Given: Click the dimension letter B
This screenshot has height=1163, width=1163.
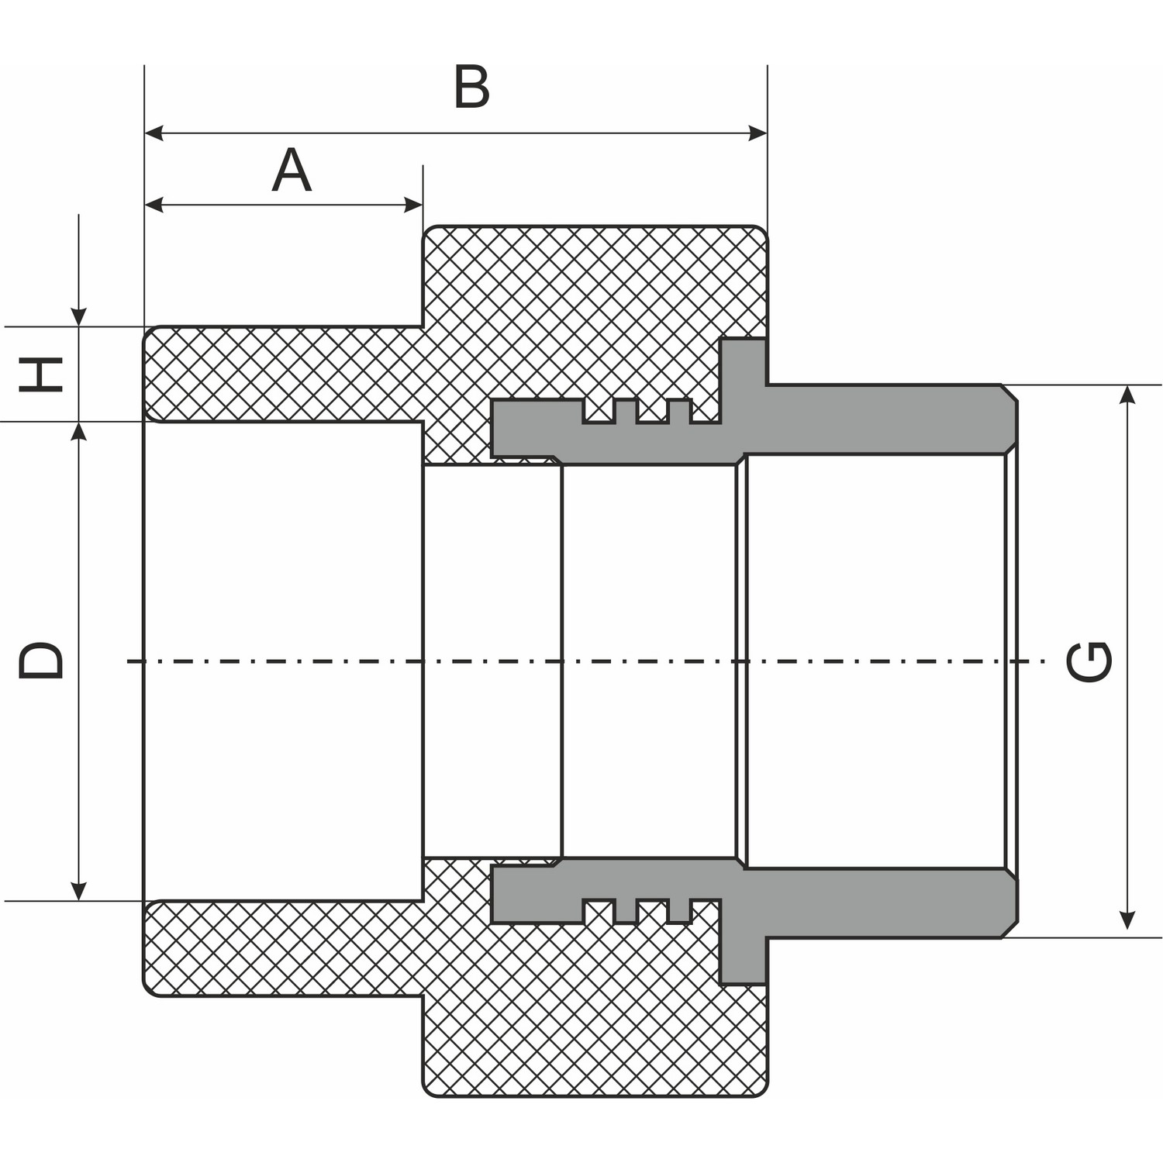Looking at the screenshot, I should click(x=471, y=87).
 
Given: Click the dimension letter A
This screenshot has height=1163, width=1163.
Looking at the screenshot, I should click(x=292, y=171).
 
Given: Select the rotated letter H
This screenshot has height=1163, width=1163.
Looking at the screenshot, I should click(x=41, y=374).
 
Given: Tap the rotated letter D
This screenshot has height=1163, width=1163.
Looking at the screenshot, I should click(x=41, y=661).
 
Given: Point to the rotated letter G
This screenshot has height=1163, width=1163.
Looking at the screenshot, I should click(x=1089, y=661).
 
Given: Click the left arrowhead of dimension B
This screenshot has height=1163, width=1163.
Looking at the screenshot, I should click(x=154, y=133).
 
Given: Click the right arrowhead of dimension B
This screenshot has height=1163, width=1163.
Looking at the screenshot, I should click(x=758, y=133).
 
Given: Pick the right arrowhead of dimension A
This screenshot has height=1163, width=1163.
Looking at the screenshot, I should click(x=414, y=205).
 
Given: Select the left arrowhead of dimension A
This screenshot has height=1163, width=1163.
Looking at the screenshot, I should click(x=154, y=205).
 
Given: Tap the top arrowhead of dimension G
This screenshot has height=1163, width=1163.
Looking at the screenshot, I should click(x=1128, y=394).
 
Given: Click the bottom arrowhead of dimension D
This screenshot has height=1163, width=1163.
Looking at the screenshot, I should click(x=78, y=892).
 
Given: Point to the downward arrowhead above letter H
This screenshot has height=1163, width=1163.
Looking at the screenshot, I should click(x=78, y=317).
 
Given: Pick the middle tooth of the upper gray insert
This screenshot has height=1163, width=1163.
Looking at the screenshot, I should click(x=652, y=412).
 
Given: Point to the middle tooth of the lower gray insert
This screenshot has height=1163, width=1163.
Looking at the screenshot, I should click(x=652, y=910).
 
